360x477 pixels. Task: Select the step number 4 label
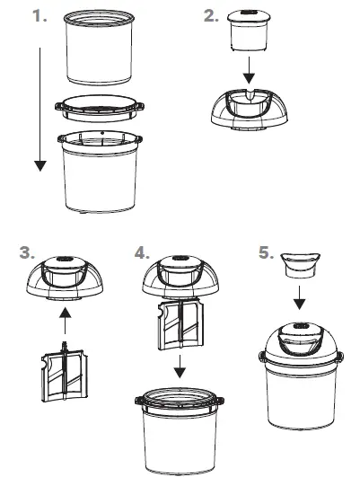tap(141, 252)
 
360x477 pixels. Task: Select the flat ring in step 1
tap(101, 107)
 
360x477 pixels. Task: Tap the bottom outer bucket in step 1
tap(100, 175)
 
